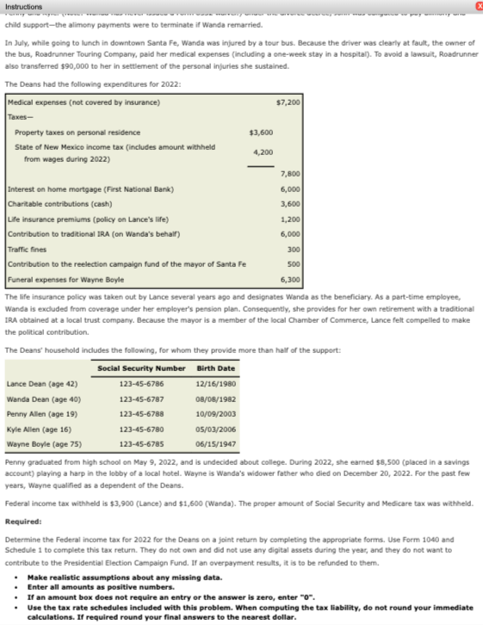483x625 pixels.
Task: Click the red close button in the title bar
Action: tap(477, 6)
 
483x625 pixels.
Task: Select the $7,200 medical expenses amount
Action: tap(288, 102)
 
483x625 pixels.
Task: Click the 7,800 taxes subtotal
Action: tap(289, 174)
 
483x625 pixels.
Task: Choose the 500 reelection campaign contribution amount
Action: tap(293, 263)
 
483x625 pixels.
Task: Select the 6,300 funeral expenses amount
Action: tap(290, 279)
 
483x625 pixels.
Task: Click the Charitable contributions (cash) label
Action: tap(59, 204)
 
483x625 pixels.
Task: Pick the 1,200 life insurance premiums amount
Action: tap(290, 219)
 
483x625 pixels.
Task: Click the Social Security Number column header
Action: tap(141, 368)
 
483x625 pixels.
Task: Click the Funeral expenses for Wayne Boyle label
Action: tap(65, 279)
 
